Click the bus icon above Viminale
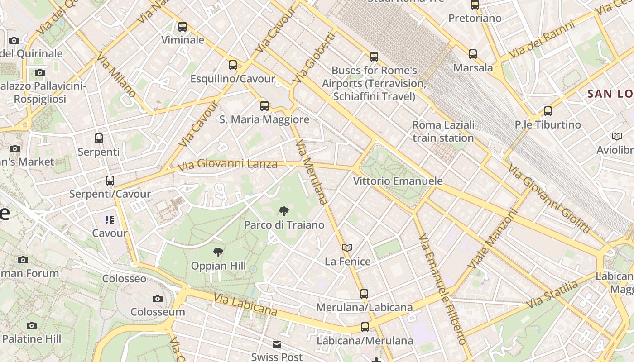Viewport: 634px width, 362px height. tap(183, 27)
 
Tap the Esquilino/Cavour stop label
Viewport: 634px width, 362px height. tap(232, 79)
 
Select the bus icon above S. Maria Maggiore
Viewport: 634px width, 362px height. tap(264, 106)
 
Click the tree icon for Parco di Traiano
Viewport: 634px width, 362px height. tap(284, 211)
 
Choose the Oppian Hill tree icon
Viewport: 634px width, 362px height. tap(218, 252)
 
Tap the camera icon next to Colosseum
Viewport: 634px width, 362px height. tap(158, 299)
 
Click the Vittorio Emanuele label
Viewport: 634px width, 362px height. tap(398, 181)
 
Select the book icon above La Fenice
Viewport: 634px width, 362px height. tap(347, 248)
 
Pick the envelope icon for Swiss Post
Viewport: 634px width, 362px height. tap(277, 344)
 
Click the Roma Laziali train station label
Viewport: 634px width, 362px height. tap(443, 131)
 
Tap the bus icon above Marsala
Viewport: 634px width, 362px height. tap(473, 54)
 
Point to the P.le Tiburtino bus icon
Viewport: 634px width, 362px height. tap(548, 111)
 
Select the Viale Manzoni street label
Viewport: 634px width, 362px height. tap(494, 238)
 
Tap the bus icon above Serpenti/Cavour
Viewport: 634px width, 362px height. tap(110, 181)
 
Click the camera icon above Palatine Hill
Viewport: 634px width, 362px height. tap(32, 325)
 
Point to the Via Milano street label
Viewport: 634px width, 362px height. tap(116, 76)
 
